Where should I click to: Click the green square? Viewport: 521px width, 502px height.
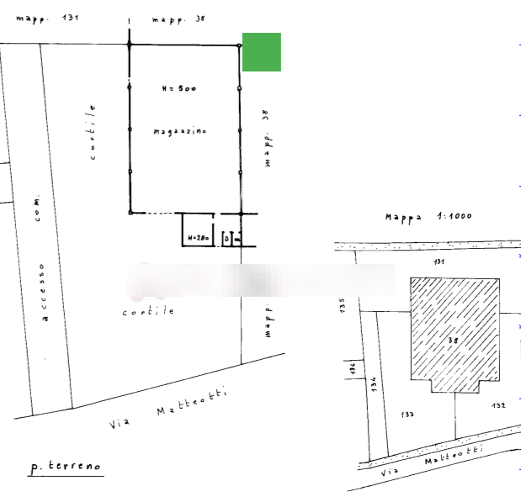261,52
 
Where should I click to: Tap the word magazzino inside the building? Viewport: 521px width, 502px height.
180,131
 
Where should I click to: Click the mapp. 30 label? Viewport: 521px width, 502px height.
177,18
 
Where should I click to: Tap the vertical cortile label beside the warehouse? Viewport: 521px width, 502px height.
92,132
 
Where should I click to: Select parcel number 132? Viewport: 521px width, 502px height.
497,406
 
